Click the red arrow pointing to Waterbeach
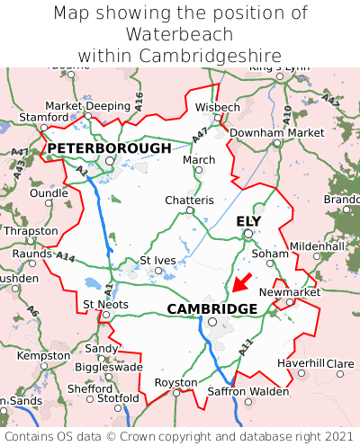click(x=241, y=281)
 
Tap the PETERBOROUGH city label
click(x=109, y=147)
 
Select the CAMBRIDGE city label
click(x=212, y=308)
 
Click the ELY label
click(x=248, y=221)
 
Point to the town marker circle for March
click(x=199, y=170)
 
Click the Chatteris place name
click(x=189, y=200)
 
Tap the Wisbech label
click(x=218, y=107)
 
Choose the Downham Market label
click(x=276, y=132)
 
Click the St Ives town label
click(x=157, y=261)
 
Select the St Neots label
click(x=105, y=304)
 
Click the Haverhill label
click(x=301, y=362)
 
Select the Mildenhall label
click(x=317, y=245)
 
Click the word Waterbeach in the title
click(x=180, y=34)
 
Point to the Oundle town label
click(x=49, y=192)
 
